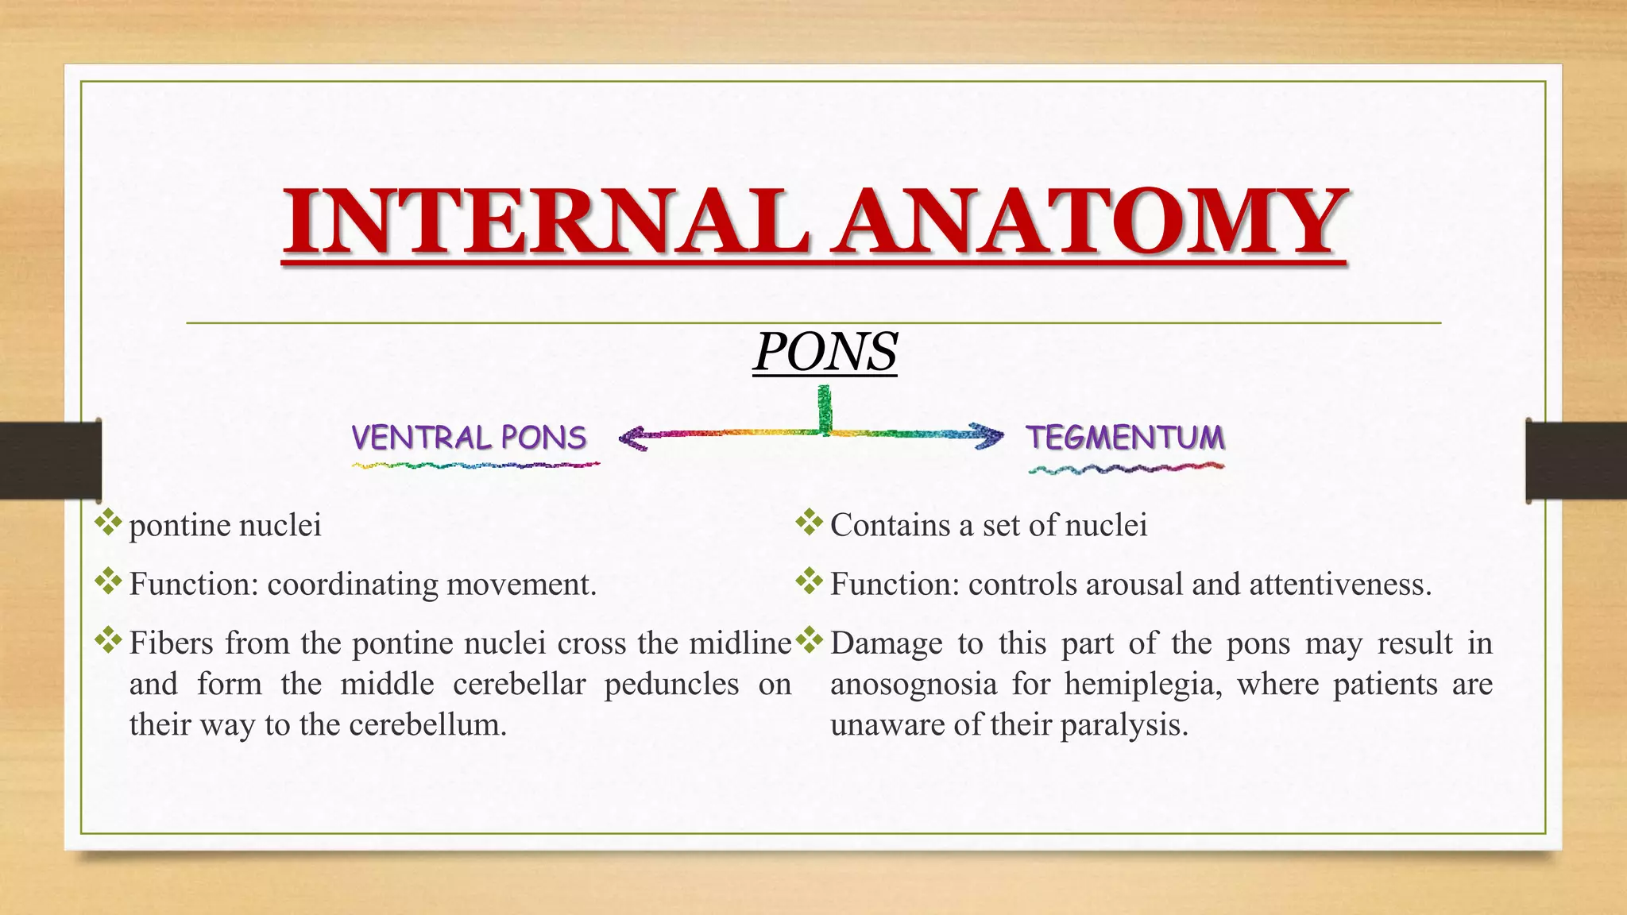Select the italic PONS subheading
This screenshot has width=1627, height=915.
pos(825,351)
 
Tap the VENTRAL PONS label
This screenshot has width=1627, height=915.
pos(469,438)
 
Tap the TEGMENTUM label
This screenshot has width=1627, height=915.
pos(1125,438)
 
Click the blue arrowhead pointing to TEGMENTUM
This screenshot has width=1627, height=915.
pos(989,435)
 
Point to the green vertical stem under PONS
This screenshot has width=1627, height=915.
pos(825,408)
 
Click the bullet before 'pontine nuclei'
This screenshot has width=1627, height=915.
pos(108,523)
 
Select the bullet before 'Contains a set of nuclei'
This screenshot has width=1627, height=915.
pos(809,523)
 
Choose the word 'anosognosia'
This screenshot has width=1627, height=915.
pos(913,685)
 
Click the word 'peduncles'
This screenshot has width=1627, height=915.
pos(671,685)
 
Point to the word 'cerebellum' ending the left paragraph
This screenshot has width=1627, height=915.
pos(427,725)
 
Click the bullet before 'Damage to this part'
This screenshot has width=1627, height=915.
pos(809,640)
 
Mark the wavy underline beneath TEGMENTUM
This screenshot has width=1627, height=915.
pos(1126,469)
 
